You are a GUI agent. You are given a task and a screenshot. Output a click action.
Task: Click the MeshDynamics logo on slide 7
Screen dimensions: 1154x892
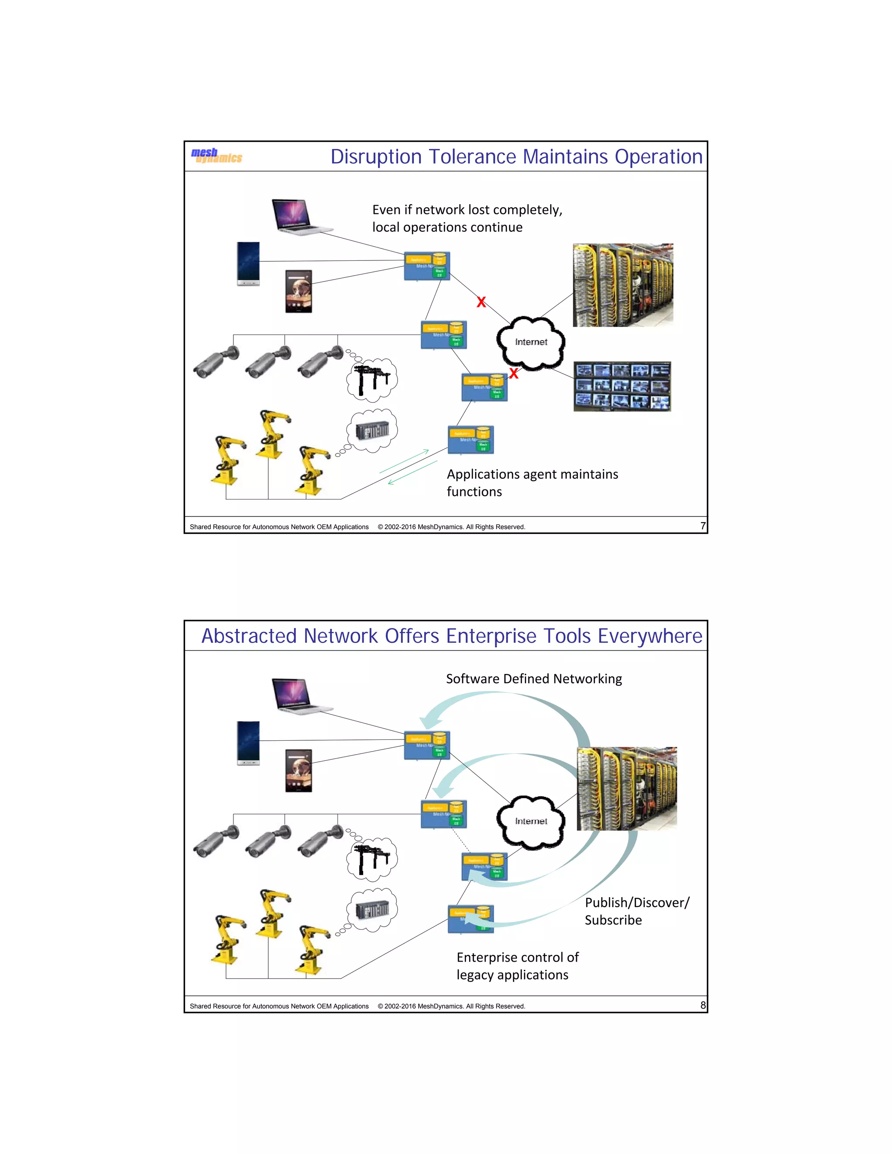[216, 155]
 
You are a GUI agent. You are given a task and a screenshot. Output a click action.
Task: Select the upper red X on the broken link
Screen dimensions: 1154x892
[481, 302]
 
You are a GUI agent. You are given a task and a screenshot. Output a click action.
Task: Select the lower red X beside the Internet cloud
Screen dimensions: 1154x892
[514, 374]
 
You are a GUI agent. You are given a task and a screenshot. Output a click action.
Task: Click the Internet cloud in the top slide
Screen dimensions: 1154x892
[530, 342]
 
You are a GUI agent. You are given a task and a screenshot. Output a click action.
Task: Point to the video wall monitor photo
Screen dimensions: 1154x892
[622, 386]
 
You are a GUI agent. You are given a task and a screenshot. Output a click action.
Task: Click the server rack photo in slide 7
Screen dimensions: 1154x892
[622, 285]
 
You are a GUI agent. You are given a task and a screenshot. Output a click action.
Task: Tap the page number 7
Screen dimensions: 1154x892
[702, 526]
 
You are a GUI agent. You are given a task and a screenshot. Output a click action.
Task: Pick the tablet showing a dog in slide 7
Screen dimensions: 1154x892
[298, 291]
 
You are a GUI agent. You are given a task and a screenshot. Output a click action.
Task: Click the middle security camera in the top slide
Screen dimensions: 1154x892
[268, 362]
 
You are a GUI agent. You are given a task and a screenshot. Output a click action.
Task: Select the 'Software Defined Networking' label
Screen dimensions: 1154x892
[534, 679]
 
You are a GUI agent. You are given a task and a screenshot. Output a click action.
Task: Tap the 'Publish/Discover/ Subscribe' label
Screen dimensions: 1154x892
[636, 911]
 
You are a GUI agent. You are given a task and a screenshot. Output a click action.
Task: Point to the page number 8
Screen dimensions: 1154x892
[702, 1005]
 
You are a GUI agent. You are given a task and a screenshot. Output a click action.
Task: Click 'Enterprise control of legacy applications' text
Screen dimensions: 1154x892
[517, 966]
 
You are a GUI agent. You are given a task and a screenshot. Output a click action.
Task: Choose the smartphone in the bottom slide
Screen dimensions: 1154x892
[248, 743]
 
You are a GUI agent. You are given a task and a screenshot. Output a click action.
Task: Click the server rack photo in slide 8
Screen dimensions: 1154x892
[626, 788]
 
